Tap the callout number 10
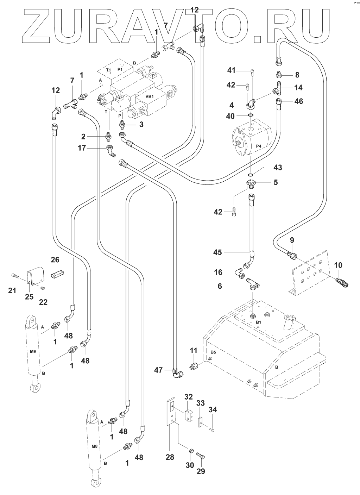pos(338,265)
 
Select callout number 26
pos(55,260)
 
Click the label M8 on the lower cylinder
pos(94,447)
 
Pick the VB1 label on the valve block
pos(150,96)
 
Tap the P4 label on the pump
pos(259,146)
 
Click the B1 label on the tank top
pos(258,322)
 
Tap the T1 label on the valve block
pos(109,70)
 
